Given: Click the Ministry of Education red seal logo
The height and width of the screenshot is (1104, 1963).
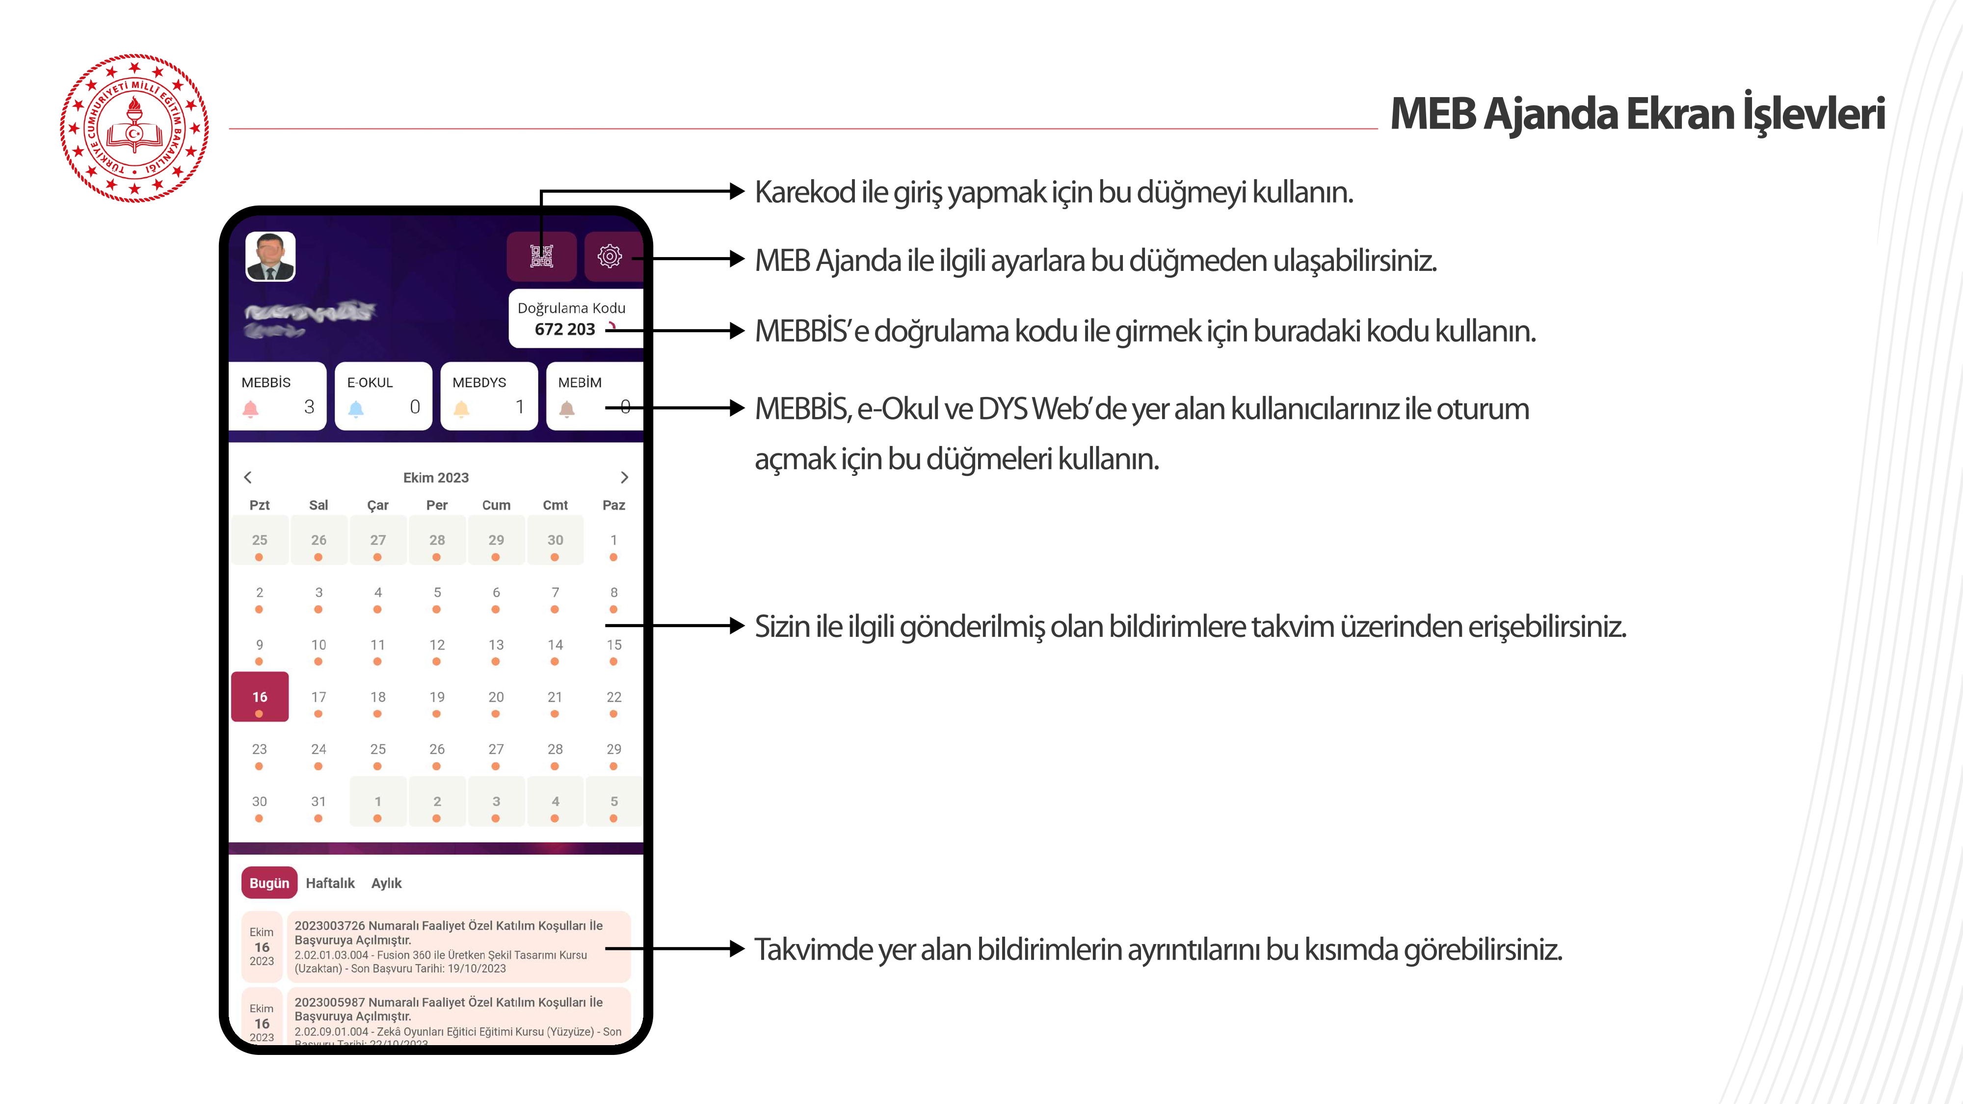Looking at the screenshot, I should [134, 128].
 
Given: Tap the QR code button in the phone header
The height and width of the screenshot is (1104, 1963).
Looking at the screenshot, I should [541, 256].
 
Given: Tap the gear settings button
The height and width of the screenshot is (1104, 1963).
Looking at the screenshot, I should [610, 256].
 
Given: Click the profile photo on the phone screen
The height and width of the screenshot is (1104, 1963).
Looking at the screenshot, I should [270, 257].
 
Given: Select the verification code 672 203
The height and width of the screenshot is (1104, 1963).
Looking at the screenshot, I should [565, 329].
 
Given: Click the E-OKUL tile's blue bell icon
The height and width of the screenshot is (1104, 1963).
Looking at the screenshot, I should [356, 408].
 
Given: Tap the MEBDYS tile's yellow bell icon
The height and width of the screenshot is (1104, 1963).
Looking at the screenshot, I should [461, 408].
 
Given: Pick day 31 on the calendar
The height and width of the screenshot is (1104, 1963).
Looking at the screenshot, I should [318, 802].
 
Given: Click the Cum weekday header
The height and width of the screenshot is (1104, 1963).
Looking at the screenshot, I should [496, 505].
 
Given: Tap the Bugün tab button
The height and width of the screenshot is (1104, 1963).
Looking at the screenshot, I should [269, 883].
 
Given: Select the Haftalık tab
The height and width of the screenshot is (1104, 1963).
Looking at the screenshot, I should [330, 883].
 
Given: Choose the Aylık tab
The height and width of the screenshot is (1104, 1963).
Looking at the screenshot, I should [386, 883].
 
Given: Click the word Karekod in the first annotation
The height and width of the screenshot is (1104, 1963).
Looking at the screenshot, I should [804, 192].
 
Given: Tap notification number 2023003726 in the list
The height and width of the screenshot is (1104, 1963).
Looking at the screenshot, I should [329, 926].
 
